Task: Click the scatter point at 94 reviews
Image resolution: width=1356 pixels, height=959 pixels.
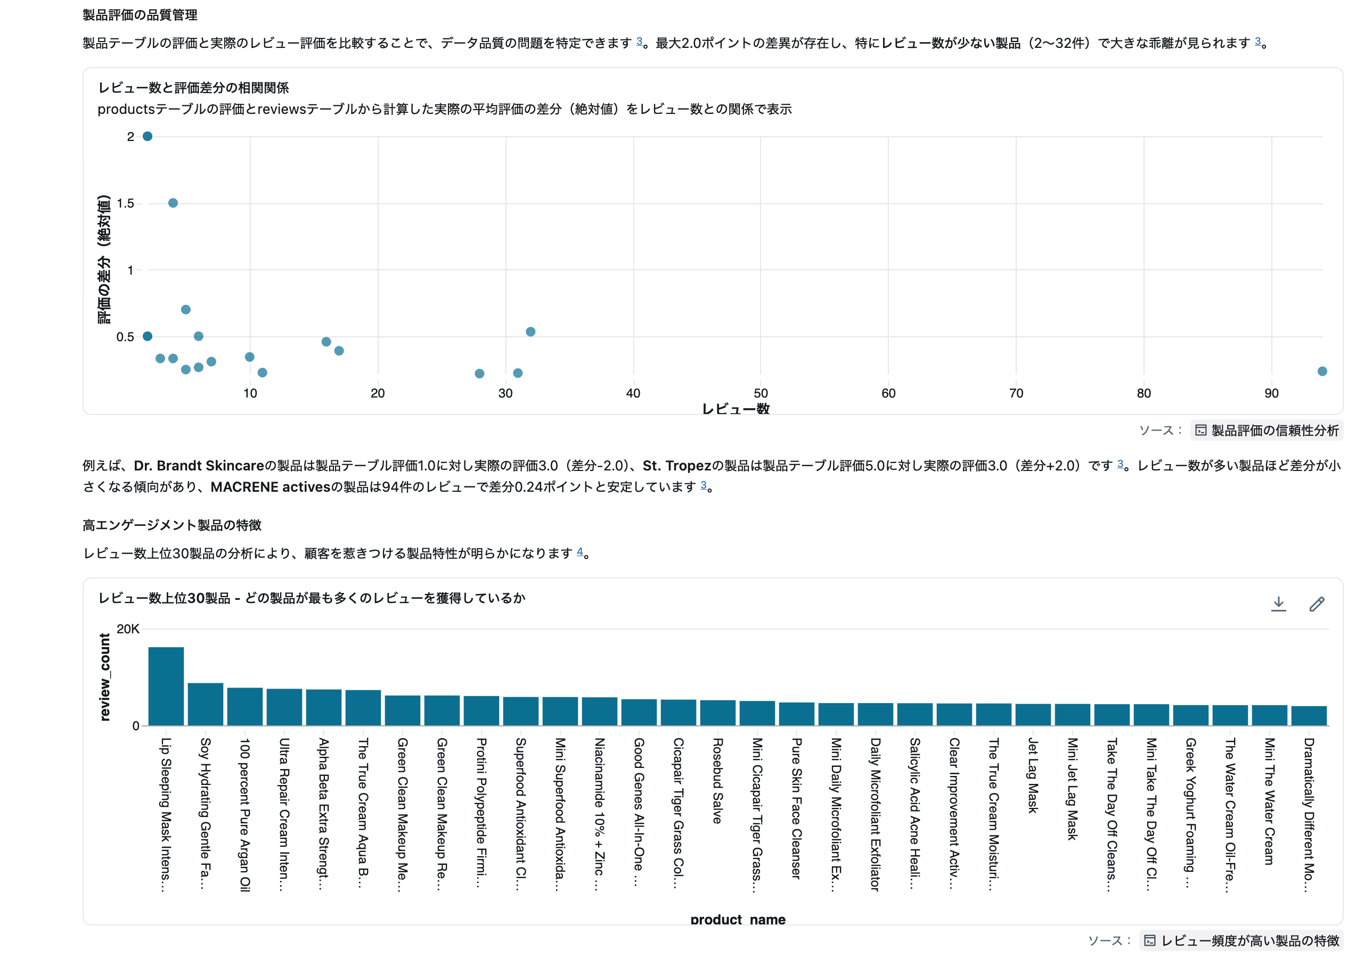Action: coord(1322,371)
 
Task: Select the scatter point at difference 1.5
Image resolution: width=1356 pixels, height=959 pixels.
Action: coord(173,203)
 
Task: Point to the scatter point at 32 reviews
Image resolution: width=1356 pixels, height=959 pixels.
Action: coord(530,332)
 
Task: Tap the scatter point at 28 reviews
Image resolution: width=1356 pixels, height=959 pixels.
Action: coord(480,374)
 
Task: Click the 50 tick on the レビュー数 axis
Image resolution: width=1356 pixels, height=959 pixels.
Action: coord(761,393)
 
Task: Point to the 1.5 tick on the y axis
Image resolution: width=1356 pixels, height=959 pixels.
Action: coord(125,204)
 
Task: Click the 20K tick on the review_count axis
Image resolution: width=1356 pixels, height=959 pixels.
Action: coord(128,629)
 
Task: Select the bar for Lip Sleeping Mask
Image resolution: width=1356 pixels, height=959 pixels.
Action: coord(166,686)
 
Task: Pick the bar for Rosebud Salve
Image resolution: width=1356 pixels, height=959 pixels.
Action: coord(717,713)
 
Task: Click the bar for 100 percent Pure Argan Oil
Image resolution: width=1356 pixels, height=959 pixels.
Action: coord(244,706)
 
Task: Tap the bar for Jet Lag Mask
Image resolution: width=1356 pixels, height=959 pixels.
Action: coord(1033,715)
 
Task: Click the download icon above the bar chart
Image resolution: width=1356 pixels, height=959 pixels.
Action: coord(1278,603)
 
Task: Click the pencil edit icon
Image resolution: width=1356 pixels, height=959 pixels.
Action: coord(1317,603)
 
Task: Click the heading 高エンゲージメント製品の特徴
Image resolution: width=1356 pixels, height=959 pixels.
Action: coord(172,525)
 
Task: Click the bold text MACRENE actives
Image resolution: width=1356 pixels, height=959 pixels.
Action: coord(264,487)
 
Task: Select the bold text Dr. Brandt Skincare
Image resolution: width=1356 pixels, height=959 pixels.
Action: coord(199,466)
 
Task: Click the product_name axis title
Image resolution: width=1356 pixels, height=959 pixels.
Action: coord(737,919)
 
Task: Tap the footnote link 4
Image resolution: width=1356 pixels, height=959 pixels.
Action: coord(579,552)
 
